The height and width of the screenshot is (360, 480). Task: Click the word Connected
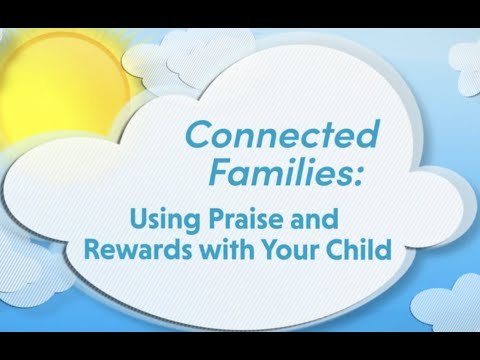point(283,134)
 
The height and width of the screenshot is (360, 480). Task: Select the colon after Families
point(357,177)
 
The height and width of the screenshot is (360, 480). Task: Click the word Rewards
point(139,250)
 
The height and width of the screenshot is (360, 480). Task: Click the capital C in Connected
point(199,135)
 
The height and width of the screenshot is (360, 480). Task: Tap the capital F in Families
point(221,172)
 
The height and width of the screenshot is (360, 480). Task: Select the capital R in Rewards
point(93,250)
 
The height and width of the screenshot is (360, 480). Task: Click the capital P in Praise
point(217,219)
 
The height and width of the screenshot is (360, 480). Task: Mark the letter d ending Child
point(383,249)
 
